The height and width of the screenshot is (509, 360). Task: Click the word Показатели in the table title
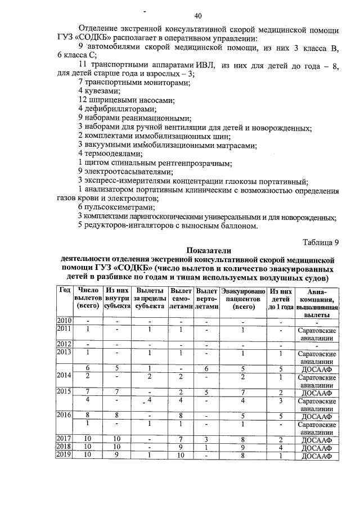tap(208, 251)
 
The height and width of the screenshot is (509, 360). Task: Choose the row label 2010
tap(64, 321)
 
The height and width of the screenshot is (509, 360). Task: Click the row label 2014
tap(64, 375)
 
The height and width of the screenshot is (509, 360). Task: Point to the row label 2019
tap(64, 456)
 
